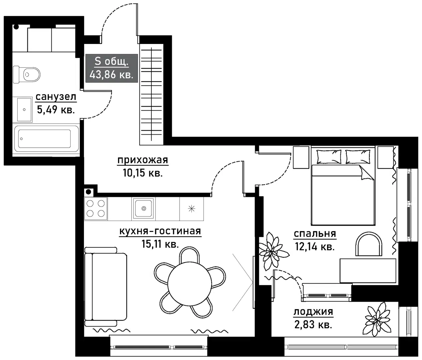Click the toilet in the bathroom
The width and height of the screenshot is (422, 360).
click(27, 75)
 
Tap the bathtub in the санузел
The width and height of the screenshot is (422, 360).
click(46, 139)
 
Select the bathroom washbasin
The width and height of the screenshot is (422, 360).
click(24, 109)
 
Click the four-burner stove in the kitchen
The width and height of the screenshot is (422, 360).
click(96, 208)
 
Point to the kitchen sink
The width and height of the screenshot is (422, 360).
click(144, 208)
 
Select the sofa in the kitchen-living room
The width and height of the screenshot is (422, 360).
click(105, 287)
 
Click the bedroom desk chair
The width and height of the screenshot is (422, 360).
click(369, 244)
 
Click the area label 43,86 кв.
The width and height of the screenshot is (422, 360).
click(111, 75)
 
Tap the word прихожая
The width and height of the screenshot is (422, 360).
click(143, 160)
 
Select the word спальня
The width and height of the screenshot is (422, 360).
click(315, 233)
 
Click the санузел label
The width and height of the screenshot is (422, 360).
click(56, 97)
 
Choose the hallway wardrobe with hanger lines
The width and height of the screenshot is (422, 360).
click(151, 94)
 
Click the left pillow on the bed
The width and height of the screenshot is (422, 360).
click(329, 157)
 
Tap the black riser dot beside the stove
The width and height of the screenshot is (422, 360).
click(88, 192)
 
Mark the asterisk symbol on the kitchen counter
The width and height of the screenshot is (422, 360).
click(192, 209)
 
